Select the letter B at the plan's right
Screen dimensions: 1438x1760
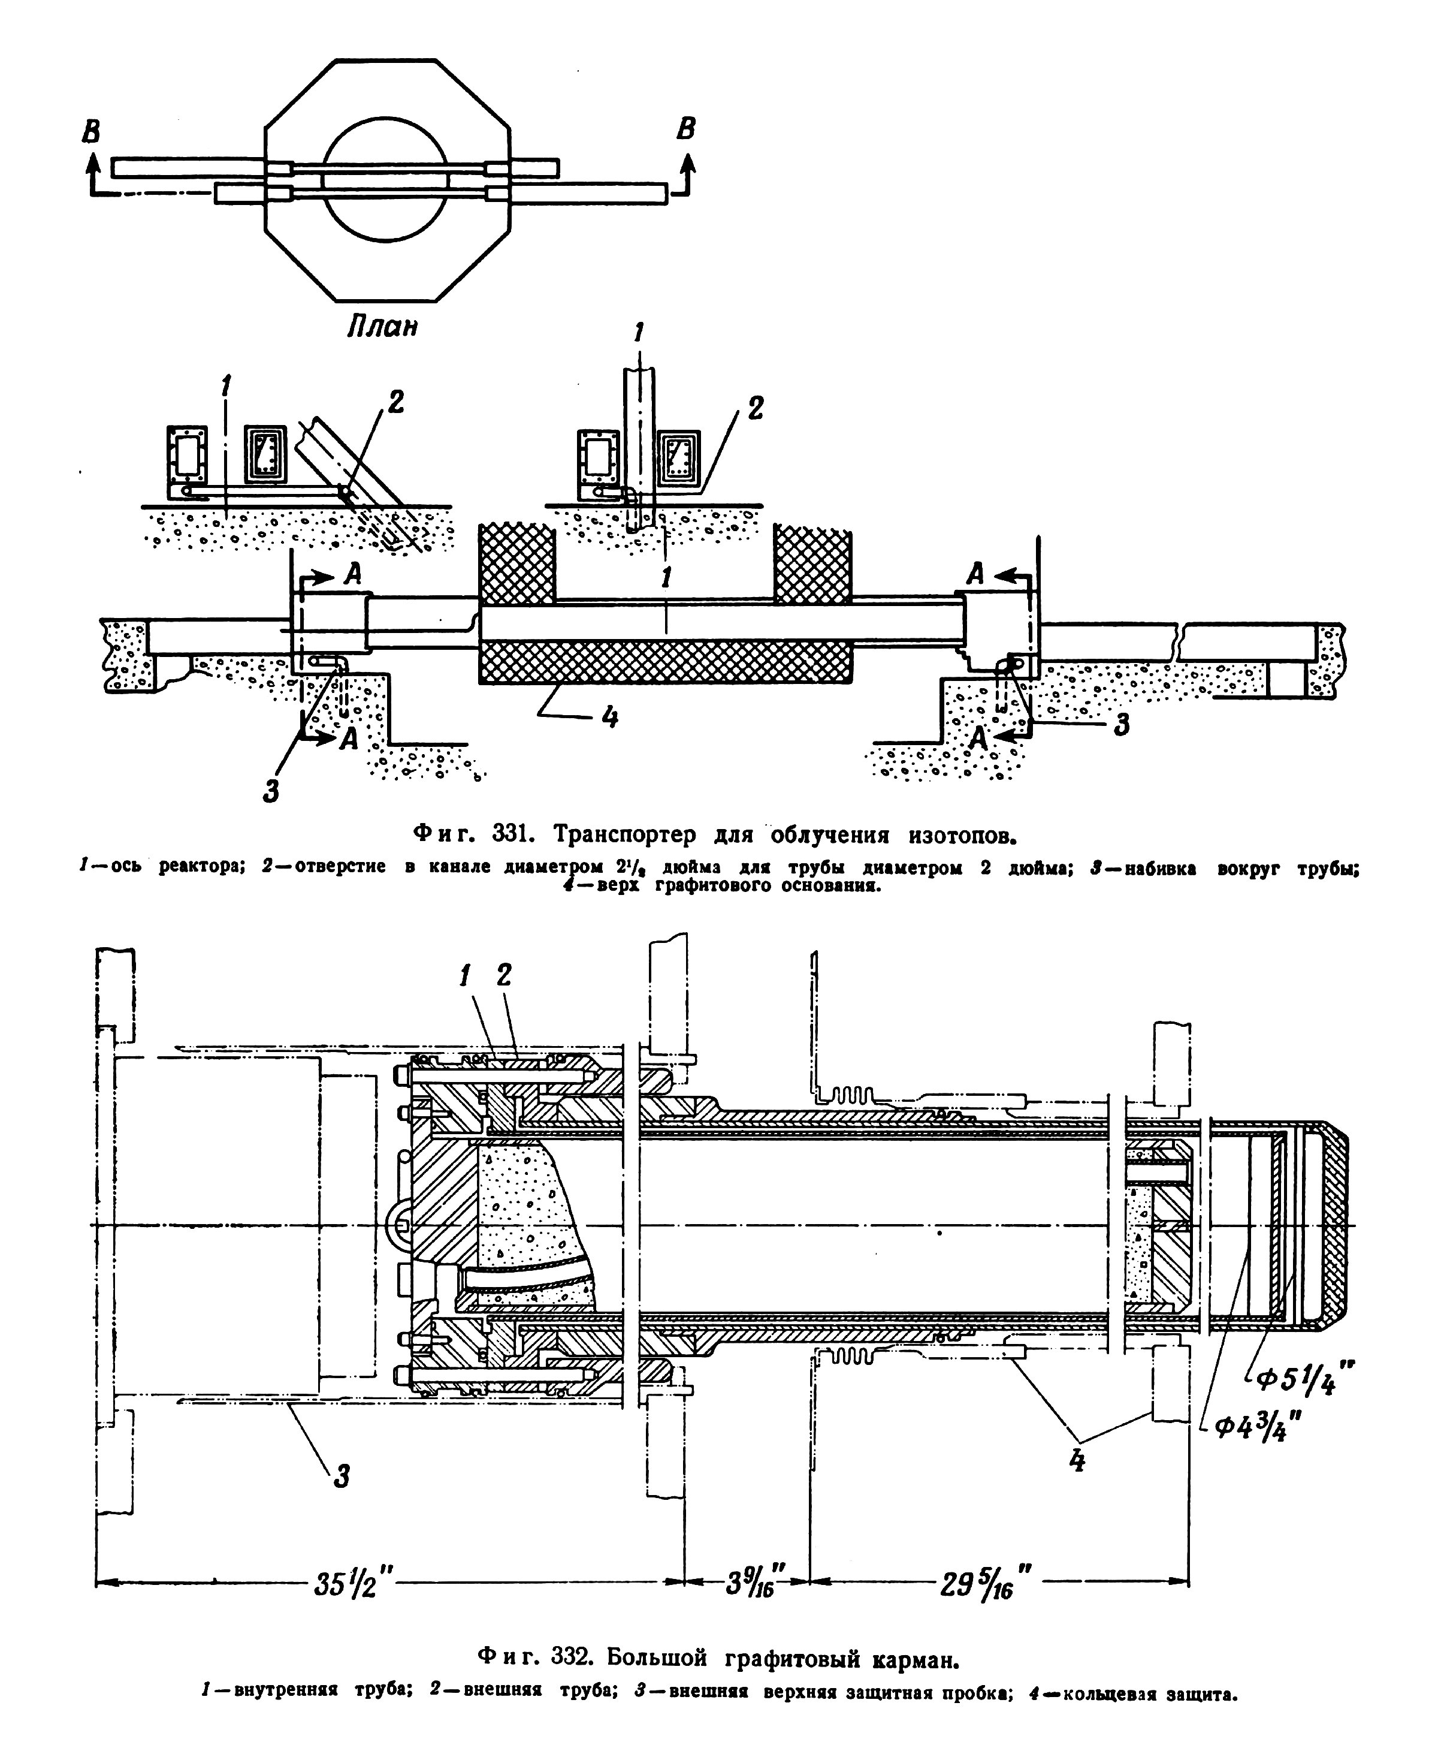[686, 128]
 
